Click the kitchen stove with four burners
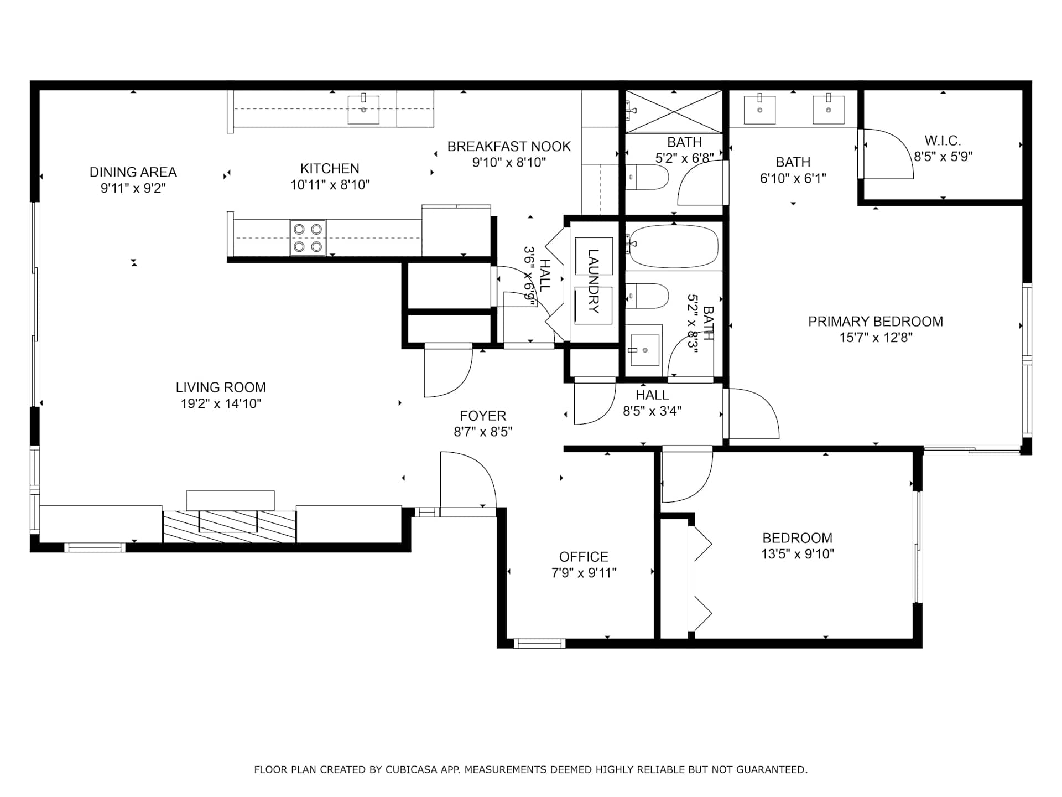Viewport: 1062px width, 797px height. pos(308,237)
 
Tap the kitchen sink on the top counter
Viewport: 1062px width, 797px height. pos(363,110)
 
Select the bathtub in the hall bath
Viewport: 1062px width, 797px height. pos(674,247)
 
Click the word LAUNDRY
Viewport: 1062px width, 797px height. pos(594,281)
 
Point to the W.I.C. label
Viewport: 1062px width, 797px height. pos(943,141)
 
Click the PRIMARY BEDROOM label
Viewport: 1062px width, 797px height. pos(876,322)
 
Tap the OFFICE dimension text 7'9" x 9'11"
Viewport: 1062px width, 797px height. pos(584,573)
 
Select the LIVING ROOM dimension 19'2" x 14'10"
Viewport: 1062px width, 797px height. pos(221,403)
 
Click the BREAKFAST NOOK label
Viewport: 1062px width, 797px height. pos(509,147)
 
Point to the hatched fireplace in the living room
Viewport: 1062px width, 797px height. pos(229,526)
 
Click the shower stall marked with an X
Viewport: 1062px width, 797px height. pos(674,112)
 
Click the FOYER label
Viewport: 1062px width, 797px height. pos(483,416)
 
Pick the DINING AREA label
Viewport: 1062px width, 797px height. pos(133,172)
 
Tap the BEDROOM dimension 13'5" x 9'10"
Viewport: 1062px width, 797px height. pos(797,554)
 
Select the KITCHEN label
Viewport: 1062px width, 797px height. pos(330,169)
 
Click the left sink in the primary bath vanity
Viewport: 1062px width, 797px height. pos(759,110)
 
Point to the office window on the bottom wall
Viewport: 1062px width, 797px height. pos(539,644)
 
